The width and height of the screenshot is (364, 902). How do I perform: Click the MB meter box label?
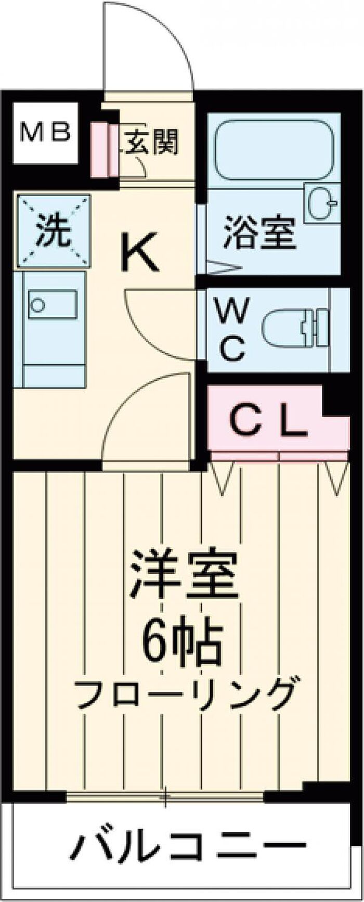45,134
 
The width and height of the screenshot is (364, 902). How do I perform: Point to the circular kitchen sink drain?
37,305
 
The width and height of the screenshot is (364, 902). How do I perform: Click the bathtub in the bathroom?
273,150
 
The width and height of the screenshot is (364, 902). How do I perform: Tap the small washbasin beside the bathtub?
321,203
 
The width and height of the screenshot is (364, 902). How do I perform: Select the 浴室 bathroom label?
259,232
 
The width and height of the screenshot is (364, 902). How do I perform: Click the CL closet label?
268,423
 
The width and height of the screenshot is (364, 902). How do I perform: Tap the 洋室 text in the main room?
183,576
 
